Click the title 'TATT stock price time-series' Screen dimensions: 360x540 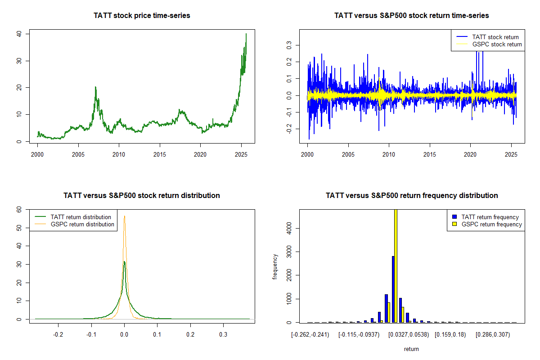(142, 16)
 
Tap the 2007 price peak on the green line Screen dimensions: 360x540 (95, 87)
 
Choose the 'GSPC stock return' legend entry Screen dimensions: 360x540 (497, 44)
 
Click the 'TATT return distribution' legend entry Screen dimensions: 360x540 (81, 217)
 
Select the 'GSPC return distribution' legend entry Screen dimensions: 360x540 (82, 224)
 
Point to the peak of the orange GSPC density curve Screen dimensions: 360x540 (125, 216)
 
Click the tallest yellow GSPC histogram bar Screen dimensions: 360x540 (396, 265)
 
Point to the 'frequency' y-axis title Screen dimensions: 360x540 (275, 266)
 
